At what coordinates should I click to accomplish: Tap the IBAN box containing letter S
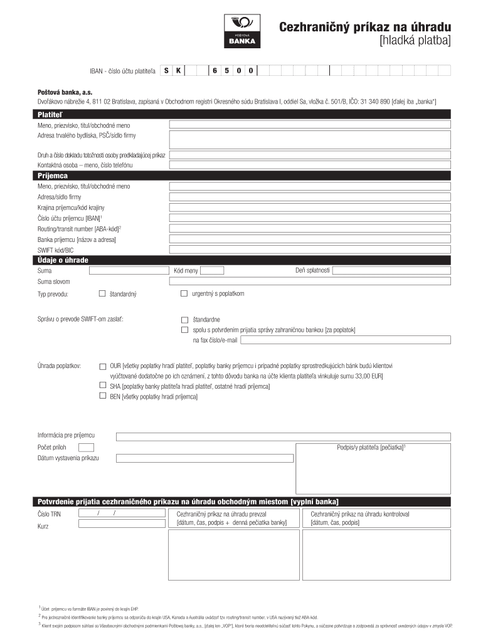(x=166, y=71)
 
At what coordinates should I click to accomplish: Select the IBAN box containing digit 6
(x=214, y=71)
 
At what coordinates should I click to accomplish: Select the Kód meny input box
(x=212, y=270)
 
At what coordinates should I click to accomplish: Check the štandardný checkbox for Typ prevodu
(x=103, y=293)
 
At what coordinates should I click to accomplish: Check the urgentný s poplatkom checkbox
(x=184, y=293)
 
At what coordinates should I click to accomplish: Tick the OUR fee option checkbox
(x=103, y=366)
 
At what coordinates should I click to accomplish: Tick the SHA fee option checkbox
(x=103, y=386)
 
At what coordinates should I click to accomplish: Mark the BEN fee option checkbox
(x=103, y=396)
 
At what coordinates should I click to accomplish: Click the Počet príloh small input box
(x=86, y=447)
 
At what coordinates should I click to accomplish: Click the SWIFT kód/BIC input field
(x=310, y=250)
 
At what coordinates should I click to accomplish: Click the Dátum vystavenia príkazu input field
(x=205, y=458)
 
